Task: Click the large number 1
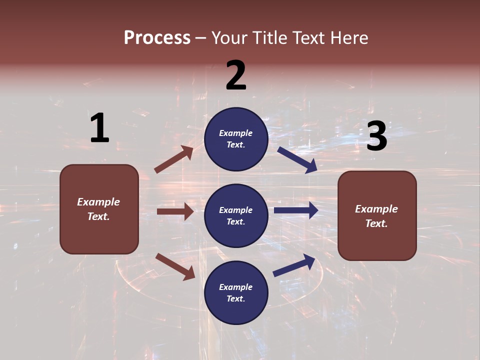[x=99, y=128]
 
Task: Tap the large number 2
[x=236, y=75]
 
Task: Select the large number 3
[x=376, y=136]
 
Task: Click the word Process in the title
[x=157, y=37]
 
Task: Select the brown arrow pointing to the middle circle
[x=175, y=211]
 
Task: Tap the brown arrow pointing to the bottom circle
[x=175, y=266]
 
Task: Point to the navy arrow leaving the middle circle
[x=296, y=210]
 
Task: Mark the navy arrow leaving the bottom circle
[x=294, y=265]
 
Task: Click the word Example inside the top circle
[x=236, y=133]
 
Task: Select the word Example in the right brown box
[x=376, y=209]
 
